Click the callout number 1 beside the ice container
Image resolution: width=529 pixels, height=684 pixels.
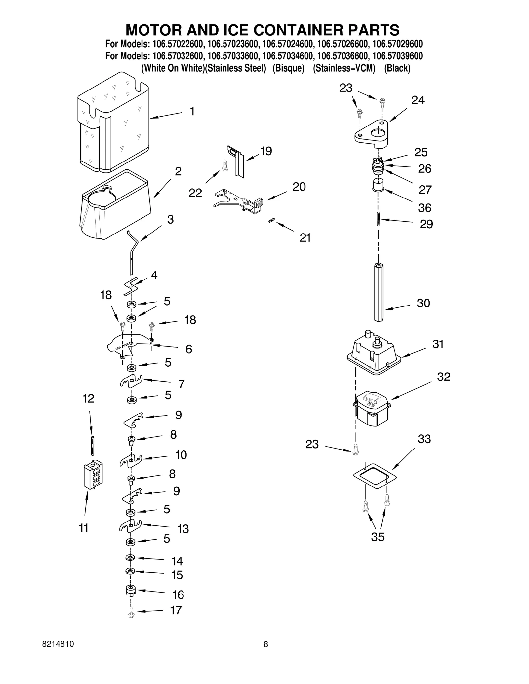192,112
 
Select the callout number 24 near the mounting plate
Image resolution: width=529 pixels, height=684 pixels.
418,100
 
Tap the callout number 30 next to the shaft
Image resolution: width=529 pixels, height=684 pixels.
423,303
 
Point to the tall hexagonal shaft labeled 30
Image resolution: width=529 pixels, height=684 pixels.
379,292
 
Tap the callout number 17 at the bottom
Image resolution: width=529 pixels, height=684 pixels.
176,610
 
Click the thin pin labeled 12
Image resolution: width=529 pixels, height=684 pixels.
93,446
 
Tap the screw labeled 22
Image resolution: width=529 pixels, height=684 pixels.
225,165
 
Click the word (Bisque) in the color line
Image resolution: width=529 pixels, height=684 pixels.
288,68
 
